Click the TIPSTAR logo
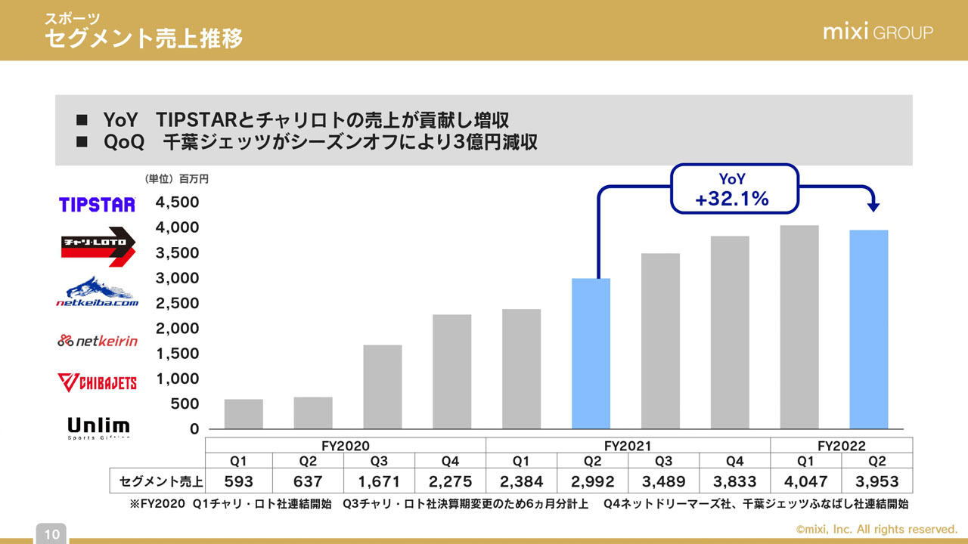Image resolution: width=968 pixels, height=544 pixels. pos(97,204)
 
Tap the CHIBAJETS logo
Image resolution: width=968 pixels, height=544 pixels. pos(97,382)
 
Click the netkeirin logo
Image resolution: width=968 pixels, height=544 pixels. pos(97,341)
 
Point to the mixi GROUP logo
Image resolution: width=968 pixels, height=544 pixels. pos(877,32)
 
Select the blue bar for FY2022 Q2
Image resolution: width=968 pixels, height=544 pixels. pos(868,329)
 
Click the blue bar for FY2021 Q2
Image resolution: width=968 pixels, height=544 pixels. pos(591,354)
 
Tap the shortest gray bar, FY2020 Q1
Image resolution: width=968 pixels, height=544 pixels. pos(244,414)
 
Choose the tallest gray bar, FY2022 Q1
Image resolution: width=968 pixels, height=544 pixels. pos(799,327)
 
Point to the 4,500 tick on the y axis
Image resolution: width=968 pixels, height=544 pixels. pos(177,202)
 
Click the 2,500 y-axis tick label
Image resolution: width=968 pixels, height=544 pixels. pos(177,303)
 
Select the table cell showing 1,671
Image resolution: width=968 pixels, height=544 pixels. pos(380,481)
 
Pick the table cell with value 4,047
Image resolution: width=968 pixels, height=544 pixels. pos(806,481)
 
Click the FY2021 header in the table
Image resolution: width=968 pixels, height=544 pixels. pos(627,446)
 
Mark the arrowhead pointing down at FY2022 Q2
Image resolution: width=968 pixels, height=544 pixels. pos(874,206)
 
